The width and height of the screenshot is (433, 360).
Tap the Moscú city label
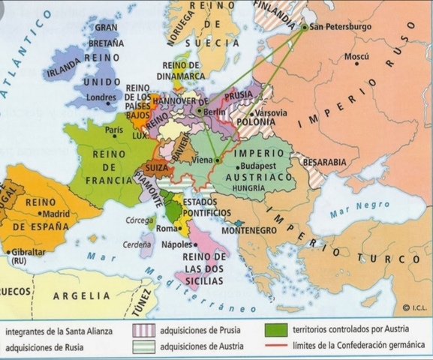click(356, 57)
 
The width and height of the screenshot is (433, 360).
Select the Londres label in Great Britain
click(101, 97)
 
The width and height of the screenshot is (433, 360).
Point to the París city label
click(113, 130)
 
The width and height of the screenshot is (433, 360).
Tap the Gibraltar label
click(28, 252)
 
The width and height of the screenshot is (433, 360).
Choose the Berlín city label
click(215, 111)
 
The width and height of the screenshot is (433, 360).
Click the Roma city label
click(165, 228)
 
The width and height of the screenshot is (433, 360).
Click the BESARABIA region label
click(323, 161)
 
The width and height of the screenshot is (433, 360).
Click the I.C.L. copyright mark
click(415, 307)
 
